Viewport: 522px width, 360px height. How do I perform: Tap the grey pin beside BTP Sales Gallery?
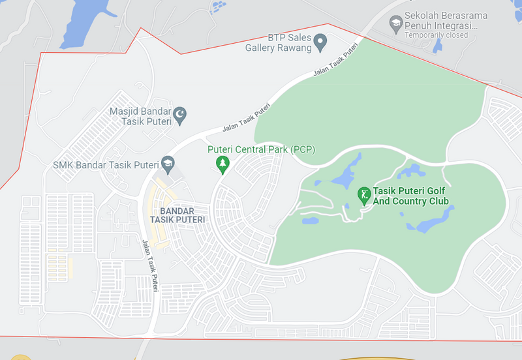click(320, 44)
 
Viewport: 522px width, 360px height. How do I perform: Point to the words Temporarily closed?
click(436, 35)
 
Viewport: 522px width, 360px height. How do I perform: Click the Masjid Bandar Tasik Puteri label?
click(140, 115)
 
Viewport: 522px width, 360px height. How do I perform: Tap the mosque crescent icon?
click(180, 115)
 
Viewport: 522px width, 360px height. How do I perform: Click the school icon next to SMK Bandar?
click(168, 164)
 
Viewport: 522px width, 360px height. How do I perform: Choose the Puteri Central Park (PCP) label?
click(261, 149)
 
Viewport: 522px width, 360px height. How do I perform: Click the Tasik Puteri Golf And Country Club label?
click(411, 196)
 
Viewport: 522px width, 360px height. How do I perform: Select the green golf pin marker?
click(364, 194)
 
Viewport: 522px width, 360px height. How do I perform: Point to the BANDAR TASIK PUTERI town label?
click(177, 215)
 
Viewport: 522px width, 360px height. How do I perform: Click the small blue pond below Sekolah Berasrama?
click(438, 46)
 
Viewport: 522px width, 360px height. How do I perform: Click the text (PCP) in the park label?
click(303, 149)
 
